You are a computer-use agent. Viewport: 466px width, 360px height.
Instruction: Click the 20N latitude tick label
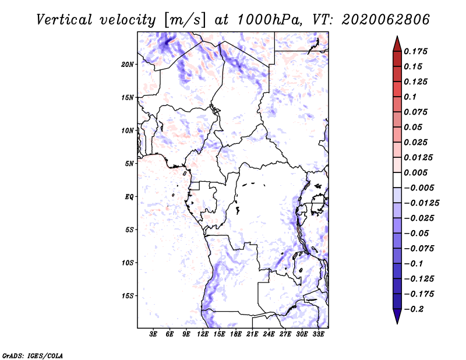pyautogui.click(x=128, y=64)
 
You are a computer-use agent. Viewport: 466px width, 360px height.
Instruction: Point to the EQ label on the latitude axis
pyautogui.click(x=129, y=197)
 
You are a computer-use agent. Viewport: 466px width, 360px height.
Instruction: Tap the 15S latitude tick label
pyautogui.click(x=128, y=296)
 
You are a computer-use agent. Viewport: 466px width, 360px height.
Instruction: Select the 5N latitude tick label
pyautogui.click(x=129, y=164)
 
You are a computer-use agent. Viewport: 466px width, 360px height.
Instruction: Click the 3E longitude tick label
pyautogui.click(x=153, y=334)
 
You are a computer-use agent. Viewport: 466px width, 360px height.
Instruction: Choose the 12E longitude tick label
pyautogui.click(x=203, y=334)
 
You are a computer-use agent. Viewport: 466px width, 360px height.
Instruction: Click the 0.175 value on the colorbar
pyautogui.click(x=416, y=51)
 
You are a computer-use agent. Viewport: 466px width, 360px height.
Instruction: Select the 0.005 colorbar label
pyautogui.click(x=416, y=172)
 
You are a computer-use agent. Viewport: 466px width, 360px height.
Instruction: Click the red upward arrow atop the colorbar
pyautogui.click(x=396, y=43)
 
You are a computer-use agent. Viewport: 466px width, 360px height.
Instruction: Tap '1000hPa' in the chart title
pyautogui.click(x=269, y=19)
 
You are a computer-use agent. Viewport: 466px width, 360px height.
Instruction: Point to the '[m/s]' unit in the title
pyautogui.click(x=185, y=19)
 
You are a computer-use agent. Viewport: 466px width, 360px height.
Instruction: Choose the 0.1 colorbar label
pyautogui.click(x=411, y=97)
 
